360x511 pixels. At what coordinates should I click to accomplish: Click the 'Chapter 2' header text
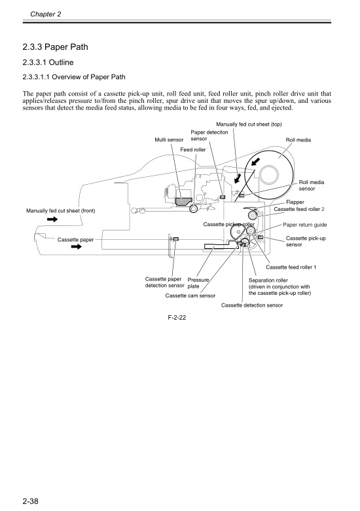[45, 14]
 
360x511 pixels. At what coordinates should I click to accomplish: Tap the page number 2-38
[31, 502]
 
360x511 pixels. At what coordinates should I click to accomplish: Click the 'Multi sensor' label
[169, 140]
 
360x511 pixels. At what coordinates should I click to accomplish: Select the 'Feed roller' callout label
[193, 150]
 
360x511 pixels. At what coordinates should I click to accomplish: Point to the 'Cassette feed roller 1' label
[291, 267]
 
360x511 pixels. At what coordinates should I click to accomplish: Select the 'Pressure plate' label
[198, 282]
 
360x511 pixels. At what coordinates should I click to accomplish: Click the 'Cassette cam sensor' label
[190, 295]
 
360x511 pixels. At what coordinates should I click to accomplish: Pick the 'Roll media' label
[298, 140]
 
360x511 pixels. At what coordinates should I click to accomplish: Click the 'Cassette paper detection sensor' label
[164, 282]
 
